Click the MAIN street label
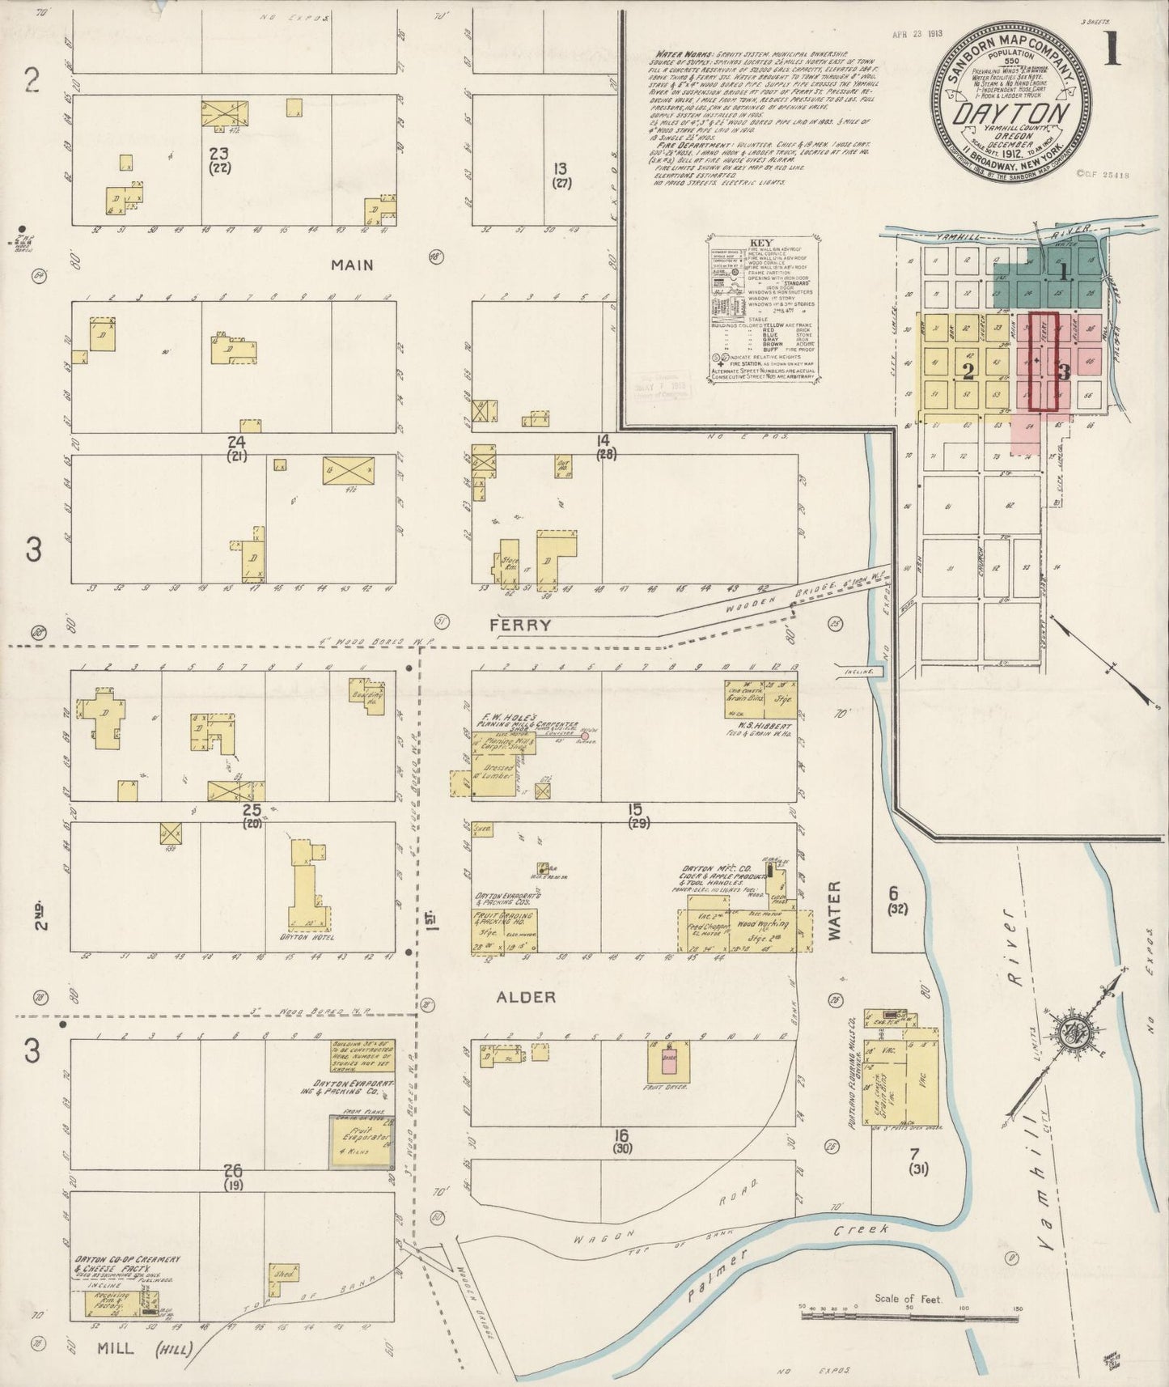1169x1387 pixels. (x=352, y=265)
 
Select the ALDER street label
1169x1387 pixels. (x=527, y=997)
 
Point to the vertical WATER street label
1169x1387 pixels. (x=834, y=910)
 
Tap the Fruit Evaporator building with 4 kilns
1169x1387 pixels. (x=361, y=1142)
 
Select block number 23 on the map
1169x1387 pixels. (x=218, y=154)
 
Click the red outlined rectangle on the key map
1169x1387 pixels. (x=1044, y=361)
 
